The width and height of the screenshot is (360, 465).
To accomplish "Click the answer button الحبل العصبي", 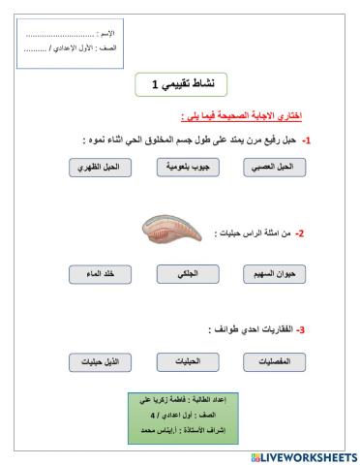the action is click(272, 167).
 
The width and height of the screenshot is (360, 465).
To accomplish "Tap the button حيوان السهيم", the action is click(272, 274).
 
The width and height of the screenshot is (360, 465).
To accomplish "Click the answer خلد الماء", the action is click(98, 274).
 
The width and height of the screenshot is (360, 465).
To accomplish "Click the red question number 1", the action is click(305, 139).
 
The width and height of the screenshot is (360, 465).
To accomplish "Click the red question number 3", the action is click(302, 329).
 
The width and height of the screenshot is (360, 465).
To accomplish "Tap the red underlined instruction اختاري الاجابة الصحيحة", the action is click(241, 115).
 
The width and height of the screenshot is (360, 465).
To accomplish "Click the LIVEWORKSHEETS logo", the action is click(303, 455).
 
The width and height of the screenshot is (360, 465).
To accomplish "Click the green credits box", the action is click(179, 414).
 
